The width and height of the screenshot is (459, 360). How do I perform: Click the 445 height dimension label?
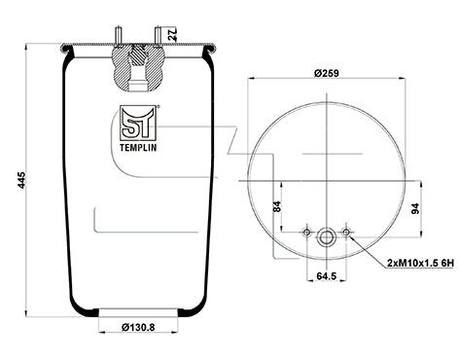coord(21,180)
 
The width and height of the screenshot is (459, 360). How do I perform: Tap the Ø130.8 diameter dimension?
coord(138,328)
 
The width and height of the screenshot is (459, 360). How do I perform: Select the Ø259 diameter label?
coord(327,73)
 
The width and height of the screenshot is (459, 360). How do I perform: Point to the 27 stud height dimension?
coord(172,34)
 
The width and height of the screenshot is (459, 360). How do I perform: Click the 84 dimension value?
coord(277,206)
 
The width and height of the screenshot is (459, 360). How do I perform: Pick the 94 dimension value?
coord(415,208)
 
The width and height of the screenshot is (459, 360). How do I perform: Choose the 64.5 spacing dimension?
coord(327,276)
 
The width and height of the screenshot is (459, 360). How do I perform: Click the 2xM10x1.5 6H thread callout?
coord(421,263)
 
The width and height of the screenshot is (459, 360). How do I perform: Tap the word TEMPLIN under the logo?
coord(138,148)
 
